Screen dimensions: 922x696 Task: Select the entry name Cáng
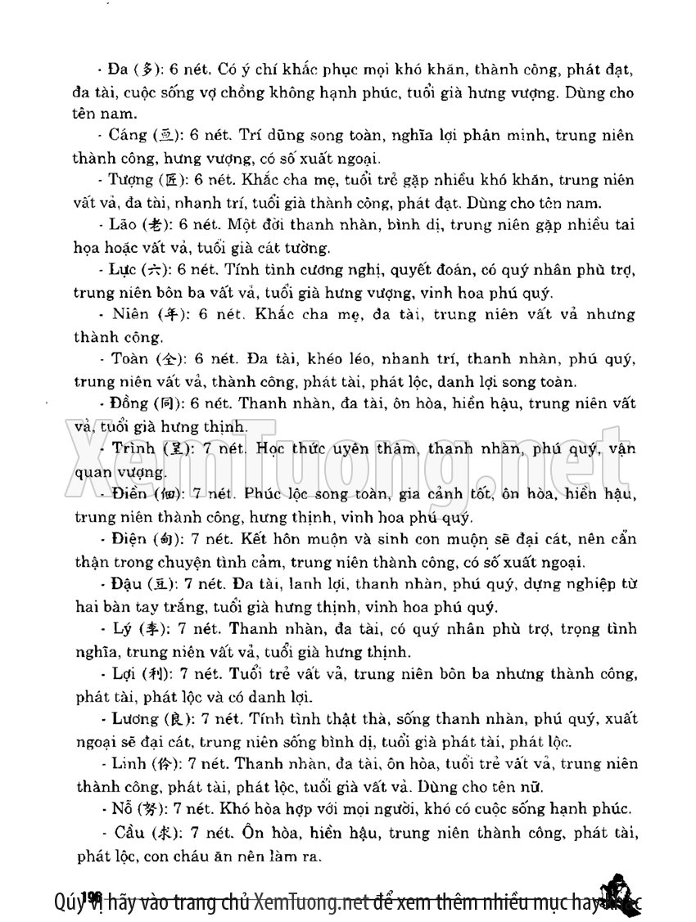point(128,136)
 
